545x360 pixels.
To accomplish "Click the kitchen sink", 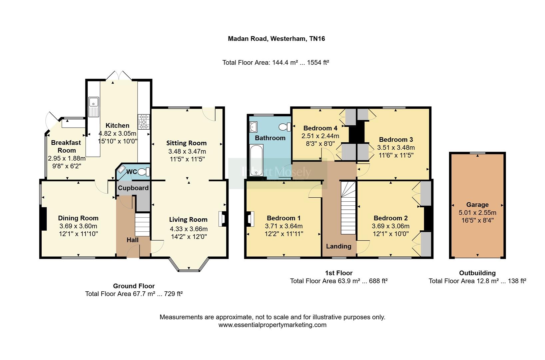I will point(94,107).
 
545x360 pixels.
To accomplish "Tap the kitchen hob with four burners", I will point(144,122).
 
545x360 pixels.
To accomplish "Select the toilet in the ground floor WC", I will point(144,172).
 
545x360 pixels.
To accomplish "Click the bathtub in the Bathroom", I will point(256,160).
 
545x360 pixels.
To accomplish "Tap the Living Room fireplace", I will point(222,219).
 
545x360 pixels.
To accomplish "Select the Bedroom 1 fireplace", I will point(250,219).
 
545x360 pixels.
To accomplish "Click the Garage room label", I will point(477,205).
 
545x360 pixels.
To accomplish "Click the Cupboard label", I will point(133,188).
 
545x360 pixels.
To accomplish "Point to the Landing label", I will point(338,246).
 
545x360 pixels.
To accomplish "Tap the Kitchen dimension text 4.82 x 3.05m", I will point(117,133).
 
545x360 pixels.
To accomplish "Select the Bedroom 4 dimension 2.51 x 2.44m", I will point(320,136).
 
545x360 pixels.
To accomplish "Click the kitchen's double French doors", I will point(119,75).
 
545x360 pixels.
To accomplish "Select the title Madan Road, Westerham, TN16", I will point(276,39).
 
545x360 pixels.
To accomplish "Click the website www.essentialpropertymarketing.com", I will point(272,325).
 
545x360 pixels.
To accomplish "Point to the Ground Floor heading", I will point(134,286).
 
